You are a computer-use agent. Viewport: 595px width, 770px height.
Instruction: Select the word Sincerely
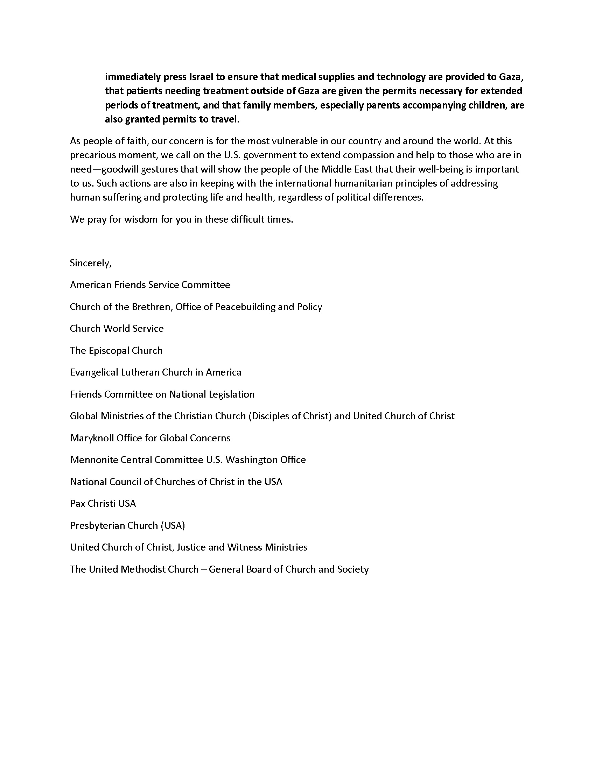[91, 263]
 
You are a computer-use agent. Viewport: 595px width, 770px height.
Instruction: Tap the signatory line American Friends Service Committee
[150, 285]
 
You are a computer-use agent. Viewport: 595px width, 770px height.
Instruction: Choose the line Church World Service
[117, 329]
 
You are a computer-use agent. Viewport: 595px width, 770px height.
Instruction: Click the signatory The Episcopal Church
[116, 350]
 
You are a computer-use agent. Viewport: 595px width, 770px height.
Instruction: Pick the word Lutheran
[140, 372]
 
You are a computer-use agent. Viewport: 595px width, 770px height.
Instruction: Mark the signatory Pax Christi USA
[103, 503]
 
